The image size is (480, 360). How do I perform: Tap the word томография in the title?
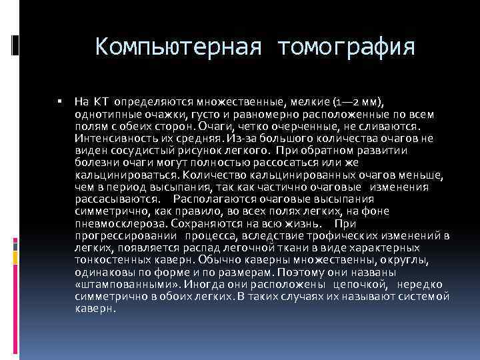(347, 47)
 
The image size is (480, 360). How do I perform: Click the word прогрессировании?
(123, 235)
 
